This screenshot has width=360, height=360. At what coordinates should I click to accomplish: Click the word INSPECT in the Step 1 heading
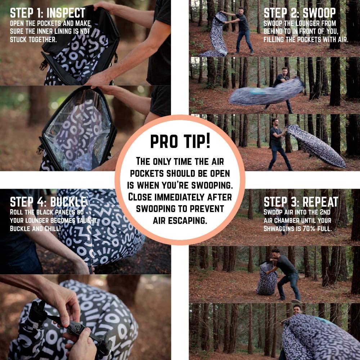pyautogui.click(x=66, y=13)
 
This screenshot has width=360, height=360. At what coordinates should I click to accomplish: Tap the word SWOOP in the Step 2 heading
pyautogui.click(x=319, y=13)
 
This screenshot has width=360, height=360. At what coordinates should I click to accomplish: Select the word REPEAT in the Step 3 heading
pyautogui.click(x=320, y=202)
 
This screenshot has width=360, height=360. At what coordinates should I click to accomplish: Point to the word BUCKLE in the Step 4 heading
pyautogui.click(x=68, y=202)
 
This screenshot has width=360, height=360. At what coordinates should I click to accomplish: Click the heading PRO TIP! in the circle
pyautogui.click(x=180, y=141)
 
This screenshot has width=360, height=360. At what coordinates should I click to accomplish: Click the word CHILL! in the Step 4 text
pyautogui.click(x=53, y=229)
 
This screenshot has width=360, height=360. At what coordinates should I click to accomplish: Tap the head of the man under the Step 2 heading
pyautogui.click(x=241, y=10)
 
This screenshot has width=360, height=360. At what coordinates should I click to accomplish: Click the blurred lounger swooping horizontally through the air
pyautogui.click(x=266, y=92)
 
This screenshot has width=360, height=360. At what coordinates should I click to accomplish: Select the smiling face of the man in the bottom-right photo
pyautogui.click(x=297, y=311)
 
